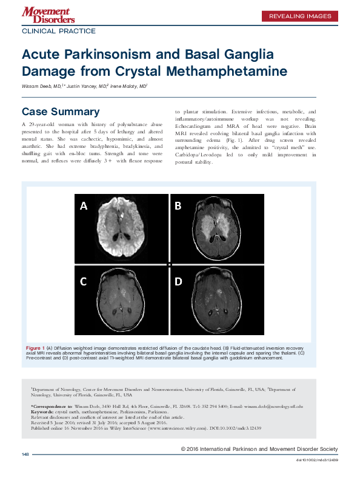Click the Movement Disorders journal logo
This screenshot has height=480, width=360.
[x=45, y=16]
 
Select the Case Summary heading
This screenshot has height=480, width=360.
[x=61, y=112]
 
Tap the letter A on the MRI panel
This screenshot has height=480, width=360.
[x=84, y=206]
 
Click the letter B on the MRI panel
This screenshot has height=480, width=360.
[x=178, y=206]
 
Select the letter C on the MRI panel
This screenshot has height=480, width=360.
[x=84, y=281]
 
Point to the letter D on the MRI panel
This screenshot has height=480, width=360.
[x=178, y=281]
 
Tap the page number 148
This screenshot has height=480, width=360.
[x=25, y=454]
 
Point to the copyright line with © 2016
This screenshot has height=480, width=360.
[x=259, y=449]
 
